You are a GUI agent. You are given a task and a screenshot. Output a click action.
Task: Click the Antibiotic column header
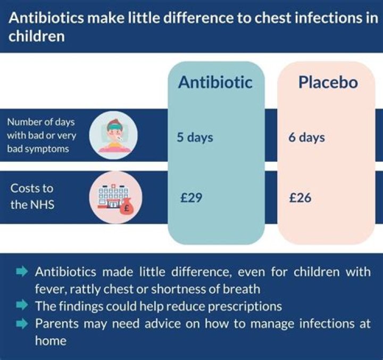pos(215,83)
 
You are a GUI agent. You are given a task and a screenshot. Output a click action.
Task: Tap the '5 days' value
pos(195,137)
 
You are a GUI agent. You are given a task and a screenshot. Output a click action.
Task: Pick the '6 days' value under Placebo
pos(306,137)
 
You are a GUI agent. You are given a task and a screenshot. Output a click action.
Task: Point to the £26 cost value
pos(300,198)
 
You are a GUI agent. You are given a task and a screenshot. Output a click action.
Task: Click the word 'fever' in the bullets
pos(49,289)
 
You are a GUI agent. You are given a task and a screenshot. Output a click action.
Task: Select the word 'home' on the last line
pos(51,340)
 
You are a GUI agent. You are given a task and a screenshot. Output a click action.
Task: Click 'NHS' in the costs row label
pos(44,204)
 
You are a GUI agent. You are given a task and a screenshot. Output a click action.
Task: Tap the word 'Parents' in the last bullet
pos(57,323)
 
